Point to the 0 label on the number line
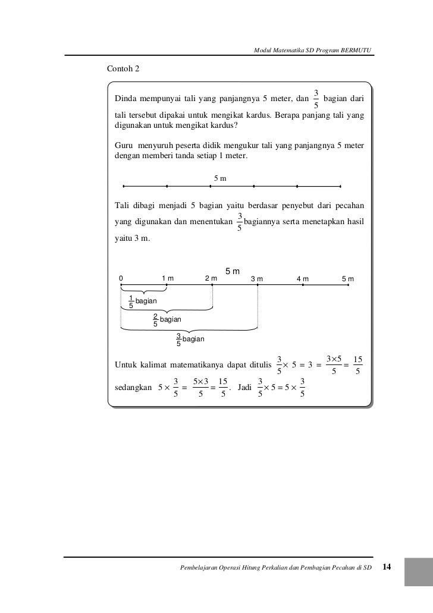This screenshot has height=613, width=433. click(121, 278)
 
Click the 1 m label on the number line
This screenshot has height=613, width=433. click(168, 278)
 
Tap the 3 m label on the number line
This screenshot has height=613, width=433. click(257, 279)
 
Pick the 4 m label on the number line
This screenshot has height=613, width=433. click(303, 279)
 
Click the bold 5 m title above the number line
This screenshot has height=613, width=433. click(232, 272)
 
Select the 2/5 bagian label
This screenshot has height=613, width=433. click(167, 320)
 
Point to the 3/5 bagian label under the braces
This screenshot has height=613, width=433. click(190, 339)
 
